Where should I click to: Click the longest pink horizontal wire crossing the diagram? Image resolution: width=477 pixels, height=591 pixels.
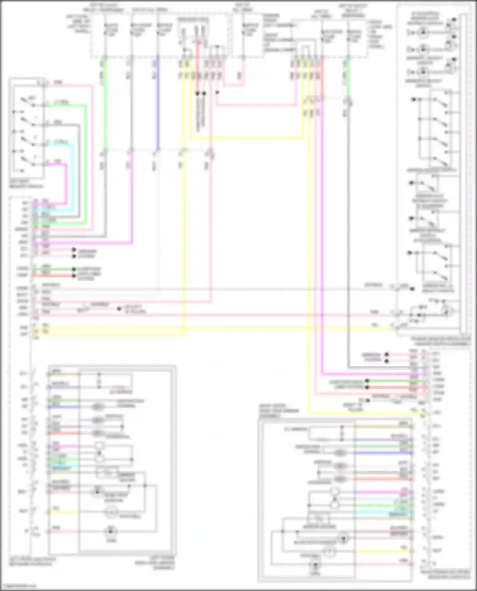[223, 315]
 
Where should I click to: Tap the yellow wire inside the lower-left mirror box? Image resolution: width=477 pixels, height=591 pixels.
[64, 512]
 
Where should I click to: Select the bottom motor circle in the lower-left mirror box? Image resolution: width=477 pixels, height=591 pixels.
[111, 531]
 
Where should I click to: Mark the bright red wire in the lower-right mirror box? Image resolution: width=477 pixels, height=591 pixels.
[382, 479]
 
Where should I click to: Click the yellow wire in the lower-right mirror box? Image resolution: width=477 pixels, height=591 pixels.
[382, 551]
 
